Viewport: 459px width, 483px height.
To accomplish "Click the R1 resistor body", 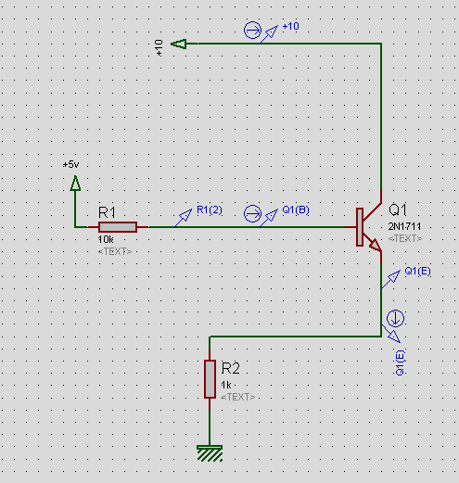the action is click(118, 227).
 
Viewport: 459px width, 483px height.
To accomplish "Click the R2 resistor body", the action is click(210, 379).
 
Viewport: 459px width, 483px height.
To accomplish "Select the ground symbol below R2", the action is click(210, 453).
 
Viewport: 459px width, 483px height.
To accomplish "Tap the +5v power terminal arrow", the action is click(75, 183).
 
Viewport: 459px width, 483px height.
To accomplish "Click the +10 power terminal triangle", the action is click(179, 44).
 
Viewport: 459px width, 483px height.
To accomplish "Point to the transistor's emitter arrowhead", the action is click(376, 245).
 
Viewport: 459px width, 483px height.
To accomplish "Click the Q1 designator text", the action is click(398, 210).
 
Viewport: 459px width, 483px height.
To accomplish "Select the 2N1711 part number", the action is click(404, 226).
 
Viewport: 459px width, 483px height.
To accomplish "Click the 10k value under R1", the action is click(106, 239).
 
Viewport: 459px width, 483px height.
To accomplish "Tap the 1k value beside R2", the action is click(226, 385).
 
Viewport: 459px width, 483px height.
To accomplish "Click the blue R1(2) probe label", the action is click(210, 210).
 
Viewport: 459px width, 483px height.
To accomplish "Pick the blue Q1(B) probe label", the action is click(296, 210).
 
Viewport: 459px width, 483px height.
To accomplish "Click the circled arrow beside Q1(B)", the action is click(252, 213).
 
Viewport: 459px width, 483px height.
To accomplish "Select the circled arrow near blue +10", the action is click(252, 31).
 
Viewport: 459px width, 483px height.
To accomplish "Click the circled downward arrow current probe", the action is click(395, 318).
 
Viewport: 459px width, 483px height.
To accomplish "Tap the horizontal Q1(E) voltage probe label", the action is click(417, 272).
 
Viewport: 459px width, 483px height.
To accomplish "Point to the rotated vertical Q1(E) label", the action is click(400, 362).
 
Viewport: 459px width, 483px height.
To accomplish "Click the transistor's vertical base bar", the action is click(360, 227).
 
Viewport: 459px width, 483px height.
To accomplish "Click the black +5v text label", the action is click(70, 164).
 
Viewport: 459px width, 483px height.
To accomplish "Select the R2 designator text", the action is click(230, 368).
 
